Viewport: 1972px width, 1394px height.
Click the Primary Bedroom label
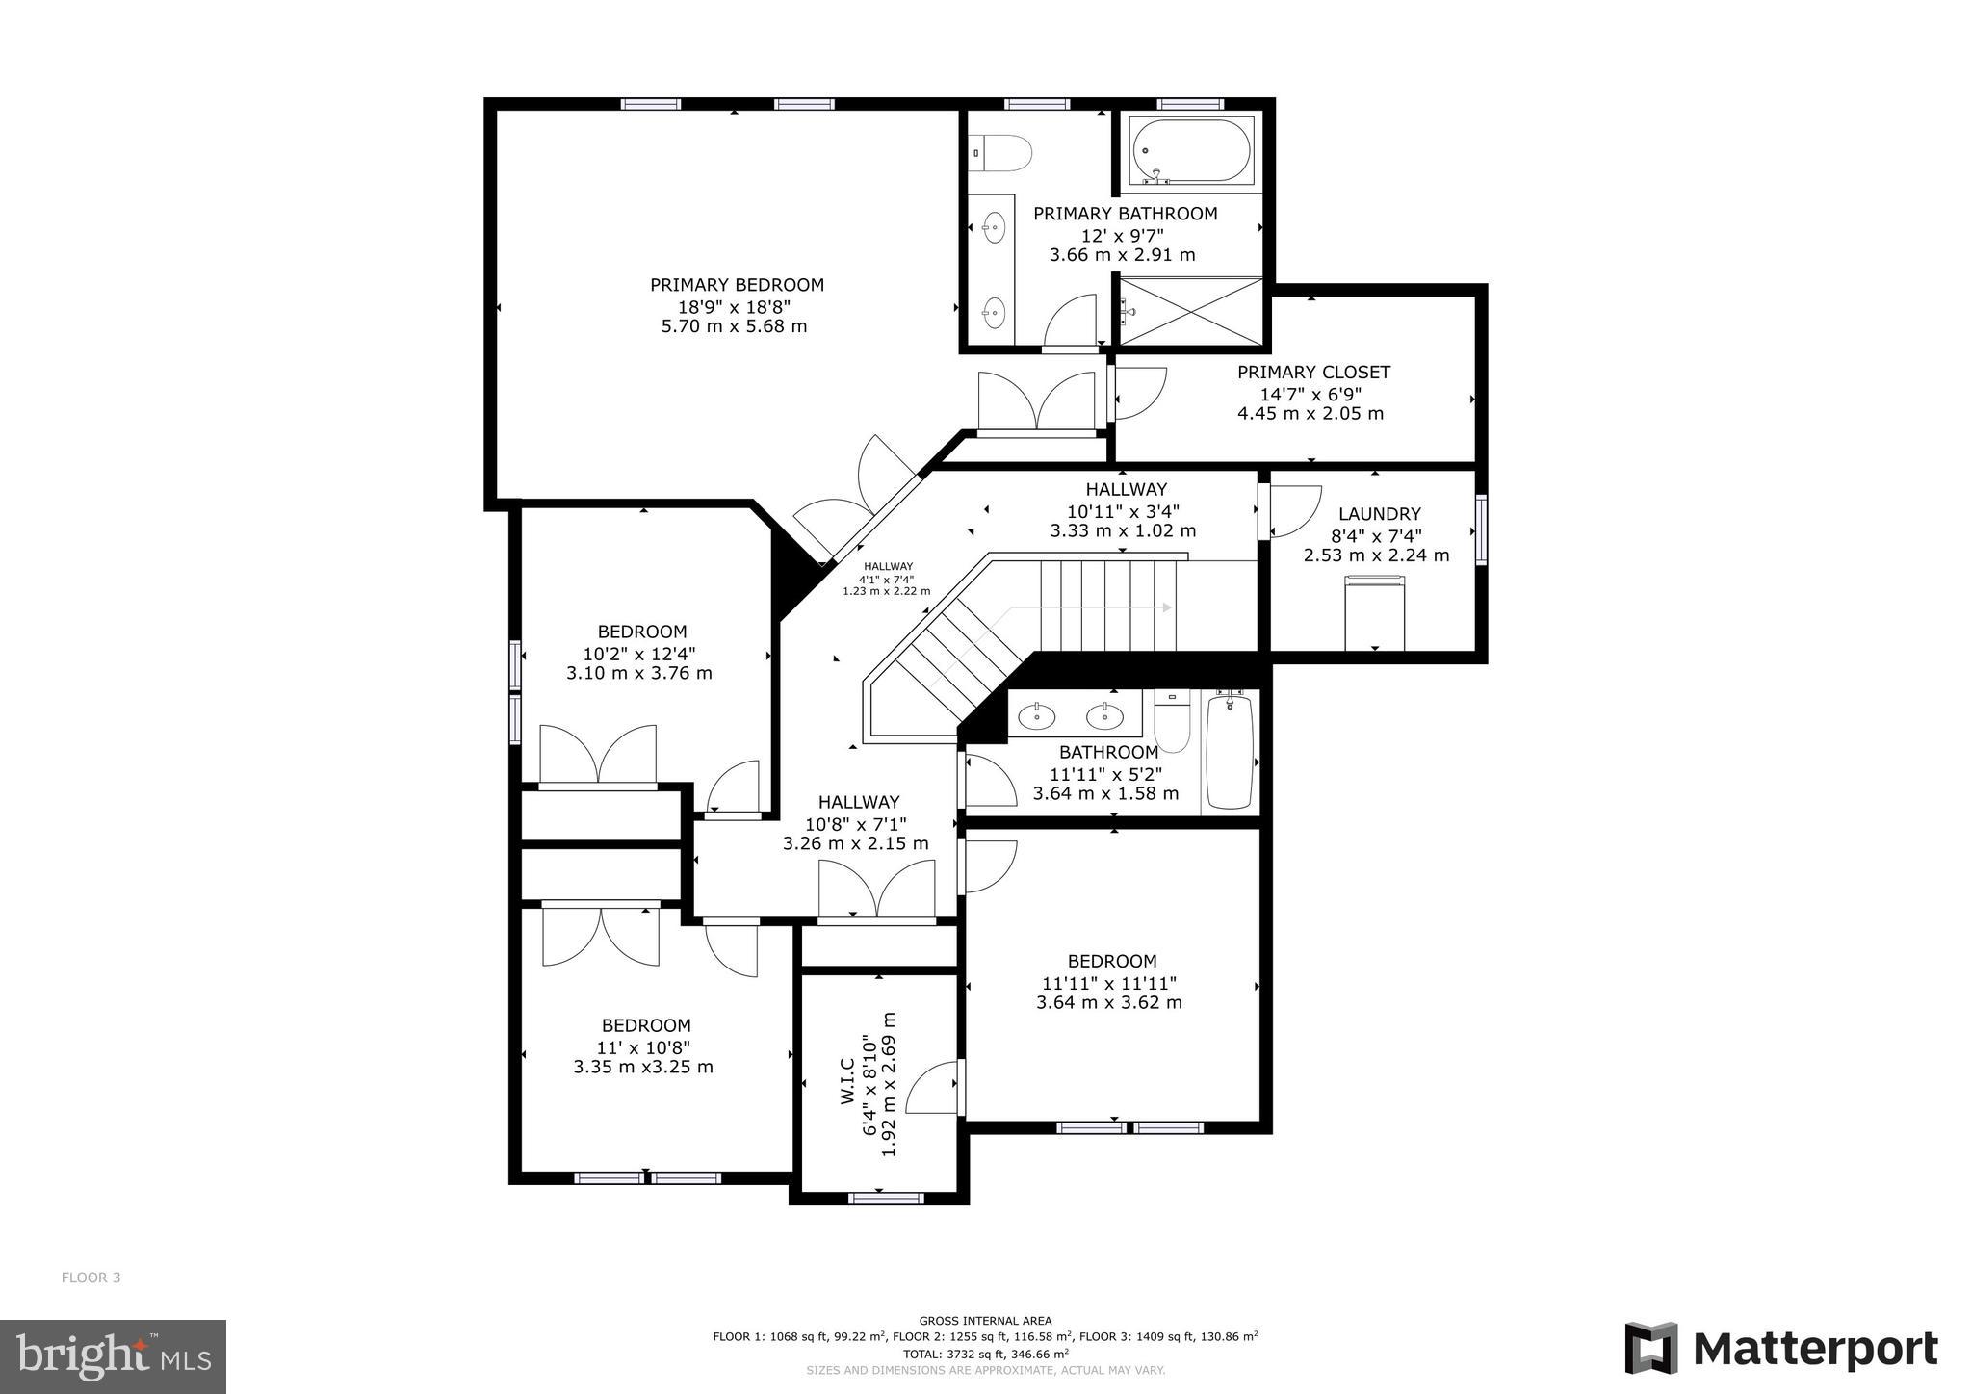coord(737,285)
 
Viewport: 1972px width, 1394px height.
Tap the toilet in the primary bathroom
coord(1002,153)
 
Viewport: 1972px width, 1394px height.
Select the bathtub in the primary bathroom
coord(1192,151)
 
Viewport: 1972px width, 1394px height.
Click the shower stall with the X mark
coord(1191,310)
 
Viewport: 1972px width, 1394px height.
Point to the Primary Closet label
coord(1313,373)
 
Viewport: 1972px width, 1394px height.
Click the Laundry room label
coord(1379,514)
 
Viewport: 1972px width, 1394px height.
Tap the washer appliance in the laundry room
coord(1374,612)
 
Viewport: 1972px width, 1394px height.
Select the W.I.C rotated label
coord(847,1081)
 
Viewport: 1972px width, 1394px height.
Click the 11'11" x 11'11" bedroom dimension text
coord(1109,983)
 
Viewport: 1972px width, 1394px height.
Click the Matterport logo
coord(1781,1348)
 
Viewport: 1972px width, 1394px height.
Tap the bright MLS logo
coord(113,1356)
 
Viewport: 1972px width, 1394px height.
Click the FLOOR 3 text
coord(91,1278)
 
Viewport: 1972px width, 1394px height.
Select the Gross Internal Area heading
coord(985,1321)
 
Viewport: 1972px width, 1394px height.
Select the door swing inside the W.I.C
coord(932,1088)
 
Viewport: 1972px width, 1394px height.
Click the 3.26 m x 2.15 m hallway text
coord(856,844)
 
